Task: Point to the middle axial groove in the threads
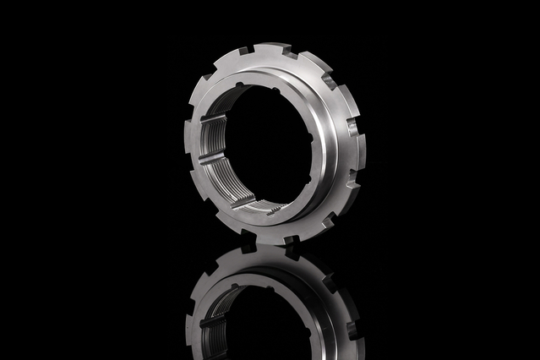point(210,159)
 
